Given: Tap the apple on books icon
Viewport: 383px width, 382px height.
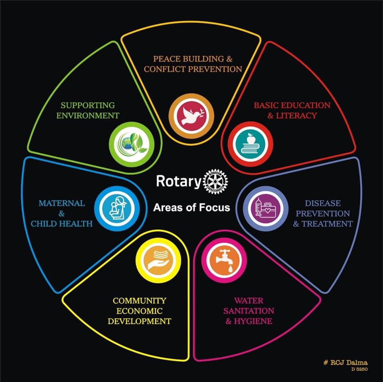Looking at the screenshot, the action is click(x=251, y=144).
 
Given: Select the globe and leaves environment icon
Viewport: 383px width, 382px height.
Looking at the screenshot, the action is click(x=132, y=144).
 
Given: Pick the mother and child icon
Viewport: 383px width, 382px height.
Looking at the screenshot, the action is click(x=117, y=209).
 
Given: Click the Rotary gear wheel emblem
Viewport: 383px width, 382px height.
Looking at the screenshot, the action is click(x=215, y=181).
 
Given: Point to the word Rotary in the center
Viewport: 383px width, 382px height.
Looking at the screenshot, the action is click(x=179, y=181).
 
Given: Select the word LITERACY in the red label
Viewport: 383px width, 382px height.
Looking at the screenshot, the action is click(x=296, y=116).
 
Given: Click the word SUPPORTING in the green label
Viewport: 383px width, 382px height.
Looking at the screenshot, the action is click(x=88, y=105).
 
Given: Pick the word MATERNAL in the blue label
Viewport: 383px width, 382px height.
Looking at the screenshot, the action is click(x=62, y=203).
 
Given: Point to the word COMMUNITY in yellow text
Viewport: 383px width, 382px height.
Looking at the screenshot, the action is click(x=140, y=301).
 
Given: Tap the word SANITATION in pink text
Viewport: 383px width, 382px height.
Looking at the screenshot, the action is click(x=249, y=311).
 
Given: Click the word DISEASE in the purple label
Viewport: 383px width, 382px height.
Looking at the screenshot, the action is click(x=323, y=203).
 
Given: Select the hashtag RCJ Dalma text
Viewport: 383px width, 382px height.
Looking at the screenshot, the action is click(x=345, y=362).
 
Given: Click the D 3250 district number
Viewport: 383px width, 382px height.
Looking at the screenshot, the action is click(x=359, y=369).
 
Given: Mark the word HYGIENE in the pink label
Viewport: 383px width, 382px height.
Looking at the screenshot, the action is click(x=253, y=321).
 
